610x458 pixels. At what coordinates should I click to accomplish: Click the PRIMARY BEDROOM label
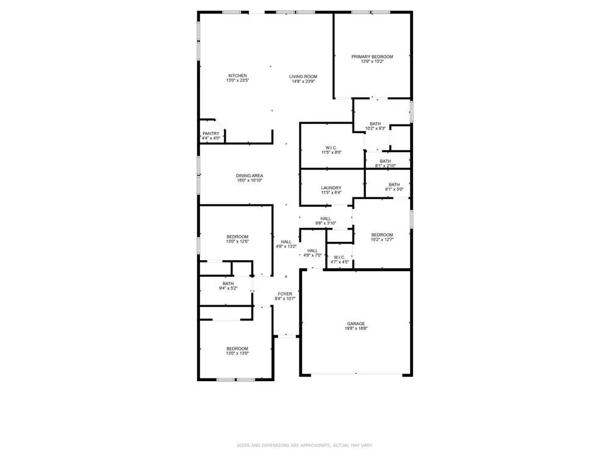[x=372, y=57]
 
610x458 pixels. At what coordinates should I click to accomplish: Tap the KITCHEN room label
[x=237, y=76]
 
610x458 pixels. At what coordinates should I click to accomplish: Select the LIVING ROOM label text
[x=303, y=76]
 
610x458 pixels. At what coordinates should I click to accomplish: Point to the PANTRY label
[x=210, y=134]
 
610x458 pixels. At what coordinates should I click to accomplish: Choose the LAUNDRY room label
[x=331, y=188]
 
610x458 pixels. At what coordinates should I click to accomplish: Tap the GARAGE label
[x=356, y=324]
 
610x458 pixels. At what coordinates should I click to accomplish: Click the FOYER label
[x=285, y=294]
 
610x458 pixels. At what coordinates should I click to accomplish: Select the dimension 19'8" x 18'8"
[x=356, y=329]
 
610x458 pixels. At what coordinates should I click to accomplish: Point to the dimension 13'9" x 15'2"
[x=372, y=62]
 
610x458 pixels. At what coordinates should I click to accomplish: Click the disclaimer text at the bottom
[x=304, y=445]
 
